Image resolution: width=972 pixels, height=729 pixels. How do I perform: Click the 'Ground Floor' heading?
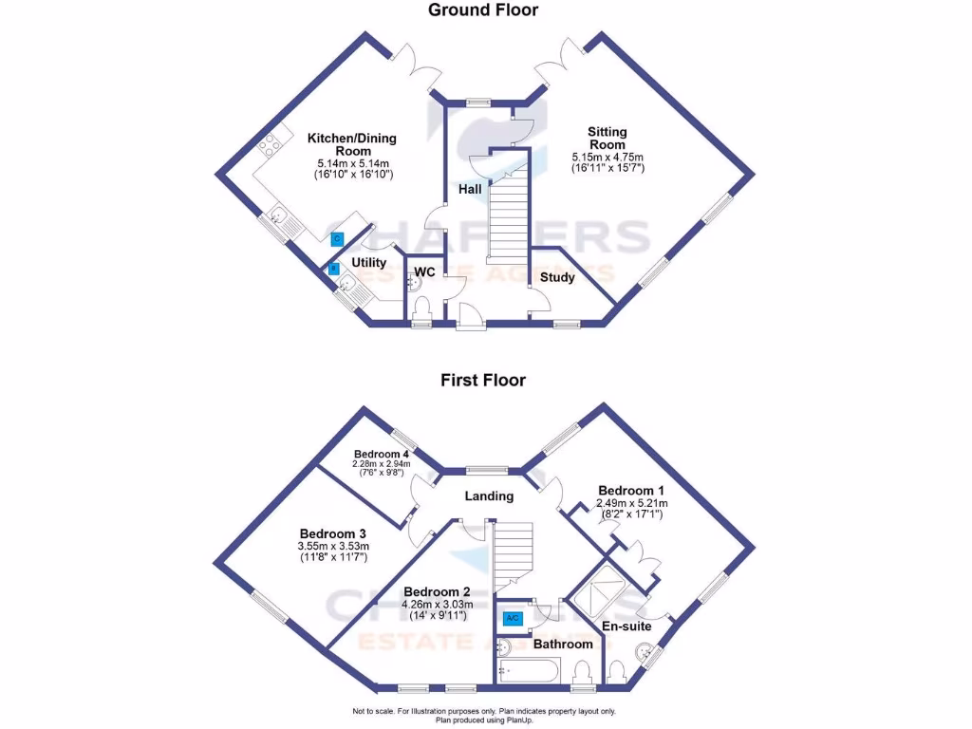pos(483,10)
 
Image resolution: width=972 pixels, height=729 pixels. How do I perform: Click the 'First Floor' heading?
pos(482,381)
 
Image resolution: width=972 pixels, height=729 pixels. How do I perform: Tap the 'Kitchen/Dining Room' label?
pos(351,144)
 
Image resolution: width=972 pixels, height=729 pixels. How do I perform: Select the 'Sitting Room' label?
pos(607,139)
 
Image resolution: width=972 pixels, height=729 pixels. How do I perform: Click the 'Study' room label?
pos(557,277)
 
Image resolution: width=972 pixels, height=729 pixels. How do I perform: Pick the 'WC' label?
pos(425,273)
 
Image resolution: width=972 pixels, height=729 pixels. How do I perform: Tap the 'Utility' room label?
pos(368,263)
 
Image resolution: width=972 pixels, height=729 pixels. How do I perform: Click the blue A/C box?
pos(512,619)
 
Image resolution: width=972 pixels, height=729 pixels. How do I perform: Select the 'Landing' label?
pos(489,495)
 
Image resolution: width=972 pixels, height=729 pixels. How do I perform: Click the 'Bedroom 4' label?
pos(381,454)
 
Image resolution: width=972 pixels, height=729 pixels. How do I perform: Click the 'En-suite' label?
pos(626,626)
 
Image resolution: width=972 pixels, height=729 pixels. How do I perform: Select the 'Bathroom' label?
pos(563,644)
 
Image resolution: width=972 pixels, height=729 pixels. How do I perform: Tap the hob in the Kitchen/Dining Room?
pos(270,145)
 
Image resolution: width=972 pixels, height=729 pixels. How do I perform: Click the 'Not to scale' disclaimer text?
pos(484,711)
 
